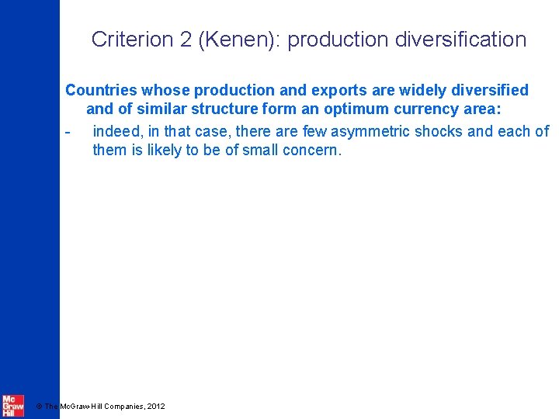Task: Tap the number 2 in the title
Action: [x=186, y=40]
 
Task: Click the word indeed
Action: [x=116, y=131]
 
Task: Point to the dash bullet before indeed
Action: [x=68, y=131]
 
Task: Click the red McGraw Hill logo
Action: [x=12, y=404]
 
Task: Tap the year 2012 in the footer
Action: [x=155, y=406]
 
